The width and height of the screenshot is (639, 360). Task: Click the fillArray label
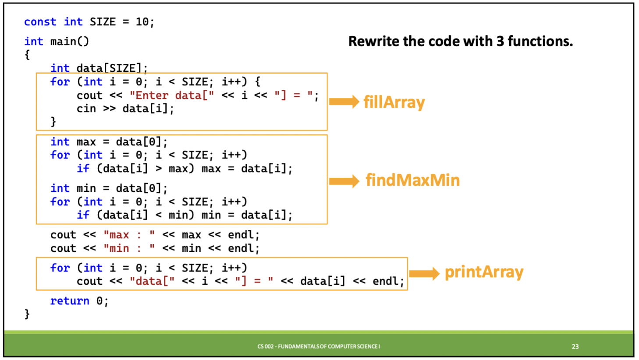[394, 102]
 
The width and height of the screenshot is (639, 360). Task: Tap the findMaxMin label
[412, 180]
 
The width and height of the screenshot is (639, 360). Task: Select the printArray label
[484, 272]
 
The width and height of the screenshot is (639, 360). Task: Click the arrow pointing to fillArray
[344, 102]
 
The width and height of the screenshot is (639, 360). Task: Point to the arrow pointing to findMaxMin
[344, 181]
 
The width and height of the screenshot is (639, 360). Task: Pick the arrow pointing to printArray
[424, 274]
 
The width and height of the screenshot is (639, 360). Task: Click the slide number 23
[575, 346]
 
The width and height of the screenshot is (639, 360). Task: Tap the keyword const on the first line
[40, 22]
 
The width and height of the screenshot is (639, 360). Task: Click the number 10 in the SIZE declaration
[142, 22]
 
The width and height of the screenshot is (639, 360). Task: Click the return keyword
[70, 301]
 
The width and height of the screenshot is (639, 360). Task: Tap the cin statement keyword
[86, 109]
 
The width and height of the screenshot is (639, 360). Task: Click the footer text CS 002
[265, 346]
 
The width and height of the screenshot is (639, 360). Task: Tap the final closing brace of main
[27, 314]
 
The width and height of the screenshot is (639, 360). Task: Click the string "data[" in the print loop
[152, 281]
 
